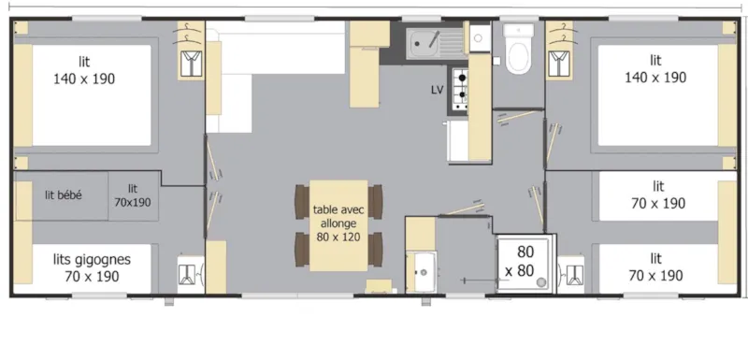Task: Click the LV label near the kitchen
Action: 437,90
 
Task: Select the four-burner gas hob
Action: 459,87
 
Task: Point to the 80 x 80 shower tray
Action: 525,263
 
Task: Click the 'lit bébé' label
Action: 63,195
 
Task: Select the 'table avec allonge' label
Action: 338,216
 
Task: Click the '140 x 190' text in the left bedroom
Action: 84,79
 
